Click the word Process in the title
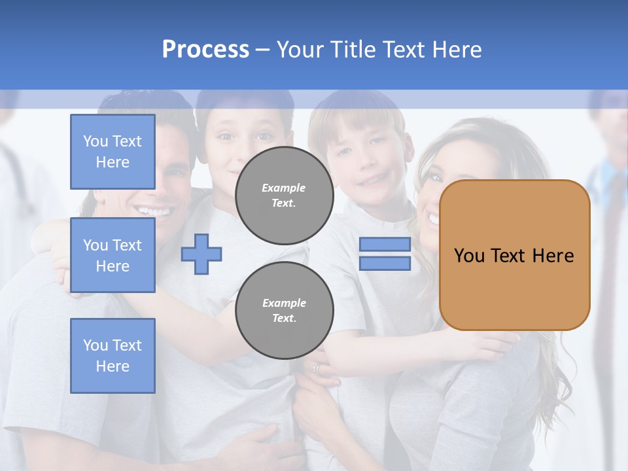[205, 50]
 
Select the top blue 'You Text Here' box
[113, 152]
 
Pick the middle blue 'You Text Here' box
[113, 255]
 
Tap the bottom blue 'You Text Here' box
[113, 355]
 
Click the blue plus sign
[201, 254]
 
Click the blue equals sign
[385, 254]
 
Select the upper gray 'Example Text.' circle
[284, 196]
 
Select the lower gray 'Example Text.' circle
[284, 311]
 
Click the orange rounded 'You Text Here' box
[514, 255]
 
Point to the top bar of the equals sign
[385, 245]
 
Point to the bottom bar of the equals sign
[385, 264]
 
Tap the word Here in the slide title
[458, 50]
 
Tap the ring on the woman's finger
[318, 368]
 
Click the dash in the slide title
[262, 50]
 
